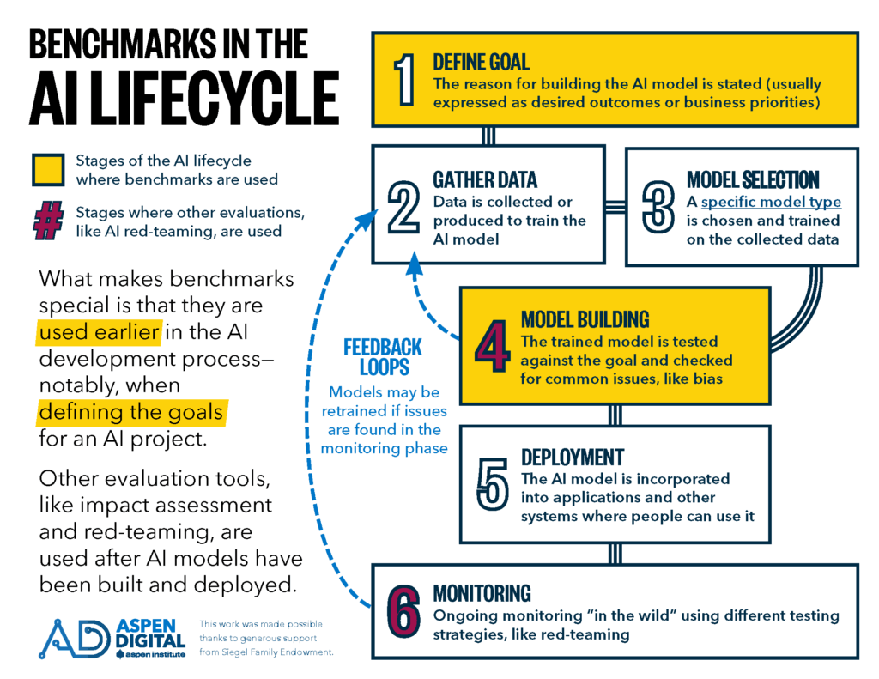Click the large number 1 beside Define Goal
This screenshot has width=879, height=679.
point(403,80)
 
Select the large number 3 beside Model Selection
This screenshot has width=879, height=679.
point(658,207)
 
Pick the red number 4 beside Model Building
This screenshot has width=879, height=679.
point(493,343)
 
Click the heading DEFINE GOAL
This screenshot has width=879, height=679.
point(481,63)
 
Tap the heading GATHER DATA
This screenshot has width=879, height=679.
point(485,179)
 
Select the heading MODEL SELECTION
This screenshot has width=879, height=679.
point(753,179)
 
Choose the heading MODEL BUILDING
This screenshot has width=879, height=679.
point(585,320)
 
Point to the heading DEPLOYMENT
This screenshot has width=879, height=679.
point(573,457)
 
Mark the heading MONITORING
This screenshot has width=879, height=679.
point(482,593)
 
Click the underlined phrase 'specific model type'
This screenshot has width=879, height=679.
point(771,203)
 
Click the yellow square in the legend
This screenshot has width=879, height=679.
point(47,168)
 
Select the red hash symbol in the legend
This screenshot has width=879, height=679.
point(47,221)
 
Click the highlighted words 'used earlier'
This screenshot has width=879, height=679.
point(95,333)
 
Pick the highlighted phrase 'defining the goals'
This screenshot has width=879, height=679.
point(131,414)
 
